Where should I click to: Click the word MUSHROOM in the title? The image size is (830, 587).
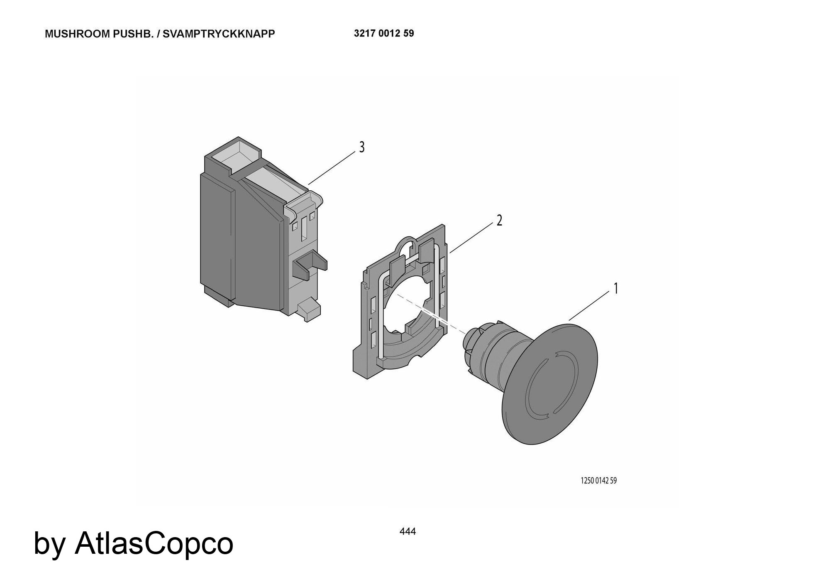pyautogui.click(x=78, y=34)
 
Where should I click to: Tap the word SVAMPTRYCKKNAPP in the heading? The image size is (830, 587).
pyautogui.click(x=219, y=34)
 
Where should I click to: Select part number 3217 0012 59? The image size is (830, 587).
pyautogui.click(x=384, y=33)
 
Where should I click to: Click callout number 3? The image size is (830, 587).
pyautogui.click(x=362, y=147)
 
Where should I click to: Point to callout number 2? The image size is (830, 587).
pyautogui.click(x=499, y=221)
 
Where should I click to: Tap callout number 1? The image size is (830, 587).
pyautogui.click(x=616, y=288)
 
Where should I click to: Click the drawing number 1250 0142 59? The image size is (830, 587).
pyautogui.click(x=598, y=481)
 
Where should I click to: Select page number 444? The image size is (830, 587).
pyautogui.click(x=408, y=531)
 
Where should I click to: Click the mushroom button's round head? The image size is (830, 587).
pyautogui.click(x=550, y=384)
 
